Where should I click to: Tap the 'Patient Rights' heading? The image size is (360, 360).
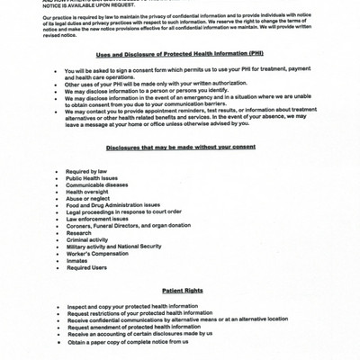pyautogui.click(x=182, y=291)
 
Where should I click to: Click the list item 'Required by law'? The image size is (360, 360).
pyautogui.click(x=88, y=171)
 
